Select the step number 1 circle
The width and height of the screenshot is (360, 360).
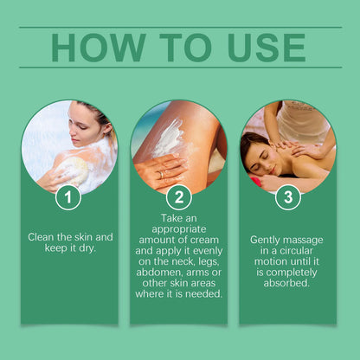click(x=67, y=198)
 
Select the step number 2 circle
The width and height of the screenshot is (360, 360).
click(x=179, y=198)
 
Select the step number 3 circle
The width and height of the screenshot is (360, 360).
click(x=288, y=198)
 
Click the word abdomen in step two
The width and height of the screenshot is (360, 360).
click(x=161, y=269)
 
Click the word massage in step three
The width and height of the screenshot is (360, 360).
click(x=310, y=239)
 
